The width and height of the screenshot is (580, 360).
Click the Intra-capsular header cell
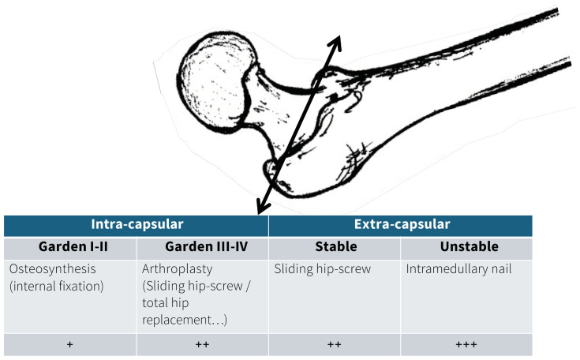coord(136,225)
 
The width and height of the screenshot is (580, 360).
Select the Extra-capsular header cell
coord(400,225)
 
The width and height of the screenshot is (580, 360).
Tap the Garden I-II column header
coord(70,247)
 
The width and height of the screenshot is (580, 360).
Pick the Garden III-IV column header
coord(202,247)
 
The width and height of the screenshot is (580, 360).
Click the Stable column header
coord(335,247)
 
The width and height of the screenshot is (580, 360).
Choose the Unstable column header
coord(466,247)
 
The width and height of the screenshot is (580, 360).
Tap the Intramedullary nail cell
coord(459,269)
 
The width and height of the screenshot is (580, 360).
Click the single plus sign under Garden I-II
coord(70,345)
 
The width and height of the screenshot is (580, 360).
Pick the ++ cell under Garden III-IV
coord(202,345)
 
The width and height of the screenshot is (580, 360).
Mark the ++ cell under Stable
coord(335,345)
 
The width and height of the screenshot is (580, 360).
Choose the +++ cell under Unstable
coord(466,345)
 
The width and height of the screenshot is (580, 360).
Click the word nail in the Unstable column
coord(500,269)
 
